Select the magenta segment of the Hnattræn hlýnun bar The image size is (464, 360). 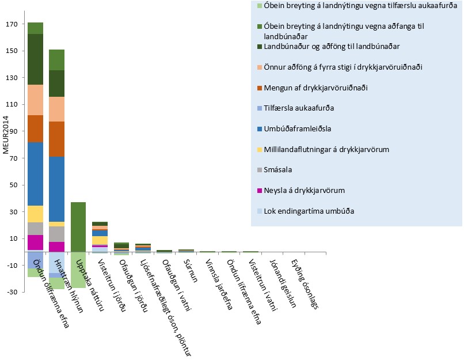pyautogui.click(x=56, y=246)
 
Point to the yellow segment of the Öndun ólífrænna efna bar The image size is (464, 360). pyautogui.click(x=35, y=214)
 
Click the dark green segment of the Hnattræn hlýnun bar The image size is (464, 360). pyautogui.click(x=56, y=84)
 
